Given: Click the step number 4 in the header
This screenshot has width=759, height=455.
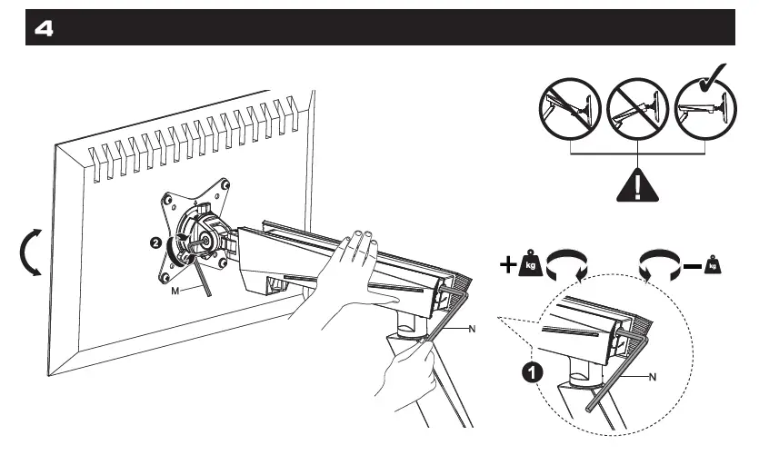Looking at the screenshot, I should click(43, 29).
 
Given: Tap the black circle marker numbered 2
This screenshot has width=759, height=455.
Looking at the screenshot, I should click(157, 243).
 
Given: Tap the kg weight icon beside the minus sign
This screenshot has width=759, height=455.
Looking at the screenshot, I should click(714, 266).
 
